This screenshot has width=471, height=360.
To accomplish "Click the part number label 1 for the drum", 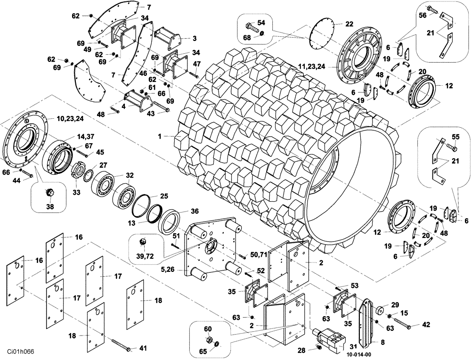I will tap(160, 136).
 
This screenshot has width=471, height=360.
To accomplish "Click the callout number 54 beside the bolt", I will tap(261, 23).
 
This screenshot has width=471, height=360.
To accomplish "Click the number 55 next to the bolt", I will tap(455, 136).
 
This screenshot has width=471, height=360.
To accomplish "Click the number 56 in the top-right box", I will tap(422, 15).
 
